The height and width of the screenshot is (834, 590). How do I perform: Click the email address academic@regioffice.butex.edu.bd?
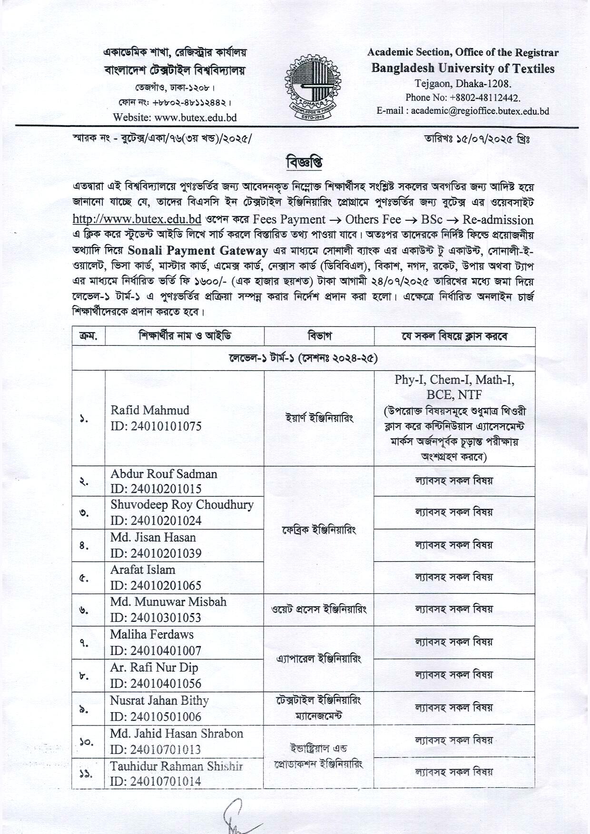point(480,111)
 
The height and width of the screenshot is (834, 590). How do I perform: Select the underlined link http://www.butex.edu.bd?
point(137,219)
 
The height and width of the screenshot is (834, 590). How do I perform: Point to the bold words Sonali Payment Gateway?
point(198,250)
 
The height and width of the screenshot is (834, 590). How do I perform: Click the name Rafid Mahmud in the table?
point(150,410)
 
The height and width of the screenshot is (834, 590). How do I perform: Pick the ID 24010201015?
point(156,489)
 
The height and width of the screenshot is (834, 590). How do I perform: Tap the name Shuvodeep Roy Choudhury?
point(182,505)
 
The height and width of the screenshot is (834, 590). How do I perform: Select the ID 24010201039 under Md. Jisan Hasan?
point(156,553)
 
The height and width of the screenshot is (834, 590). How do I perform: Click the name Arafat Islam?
point(143,570)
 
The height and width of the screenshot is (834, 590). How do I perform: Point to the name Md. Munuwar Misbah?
point(168,602)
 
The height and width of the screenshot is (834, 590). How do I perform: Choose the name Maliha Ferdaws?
point(152,635)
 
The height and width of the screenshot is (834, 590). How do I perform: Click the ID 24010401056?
point(156,684)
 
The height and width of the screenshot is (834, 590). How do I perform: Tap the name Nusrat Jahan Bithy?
point(159,701)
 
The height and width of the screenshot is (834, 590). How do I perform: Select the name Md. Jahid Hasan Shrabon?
point(177,734)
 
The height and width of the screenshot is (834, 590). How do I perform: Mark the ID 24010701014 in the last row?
point(156,781)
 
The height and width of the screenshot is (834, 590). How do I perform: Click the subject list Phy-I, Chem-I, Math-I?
point(454,380)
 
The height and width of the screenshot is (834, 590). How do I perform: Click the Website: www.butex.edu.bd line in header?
point(175,117)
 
